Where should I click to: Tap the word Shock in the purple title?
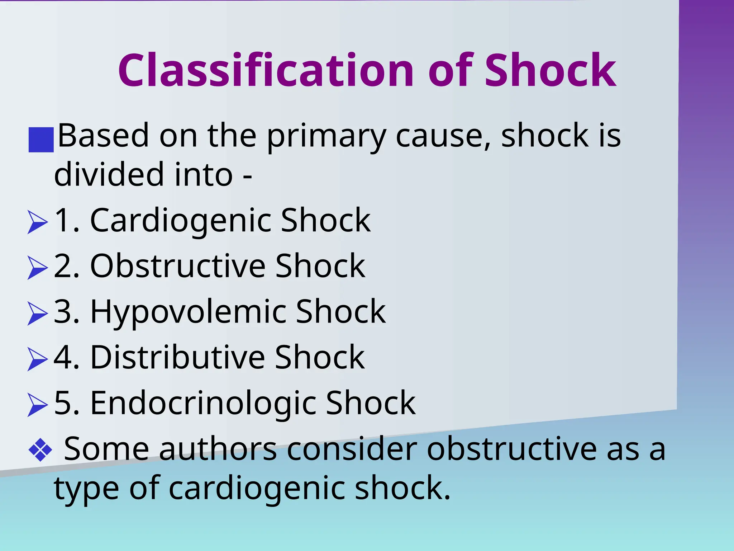(x=550, y=70)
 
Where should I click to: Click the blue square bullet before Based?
(x=41, y=140)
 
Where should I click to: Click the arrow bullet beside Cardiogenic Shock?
(x=37, y=222)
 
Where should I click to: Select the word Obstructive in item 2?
(x=178, y=266)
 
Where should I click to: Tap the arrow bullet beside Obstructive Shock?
(x=37, y=268)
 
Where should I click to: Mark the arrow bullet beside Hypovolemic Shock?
(x=37, y=314)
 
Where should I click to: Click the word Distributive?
(x=178, y=357)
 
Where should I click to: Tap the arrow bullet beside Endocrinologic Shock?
(x=37, y=405)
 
